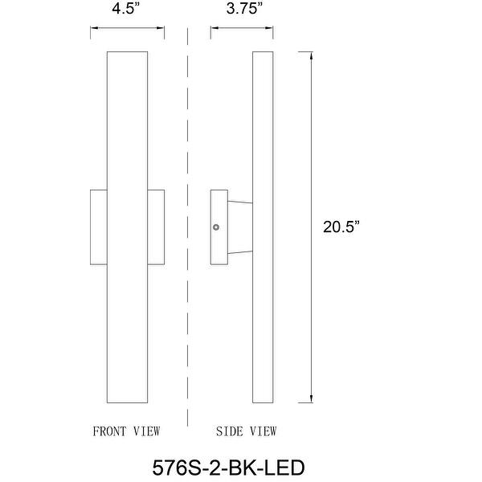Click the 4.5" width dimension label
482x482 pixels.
coord(127,10)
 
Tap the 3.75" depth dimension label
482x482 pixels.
coord(243,10)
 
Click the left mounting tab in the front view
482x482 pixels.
coord(97,227)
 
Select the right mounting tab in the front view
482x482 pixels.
coord(156,227)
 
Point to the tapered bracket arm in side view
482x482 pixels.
coord(240,227)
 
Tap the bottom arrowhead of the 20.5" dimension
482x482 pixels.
coord(310,398)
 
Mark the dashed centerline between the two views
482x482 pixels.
coord(187,241)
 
